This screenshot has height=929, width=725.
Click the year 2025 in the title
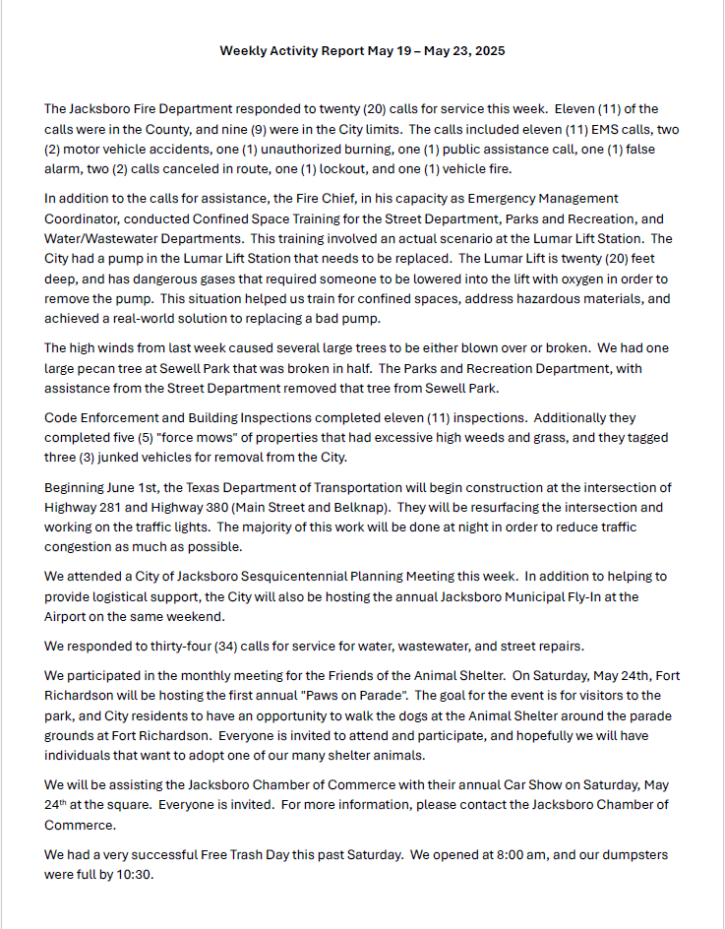(488, 51)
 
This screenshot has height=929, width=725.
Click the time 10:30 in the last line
(144, 874)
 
